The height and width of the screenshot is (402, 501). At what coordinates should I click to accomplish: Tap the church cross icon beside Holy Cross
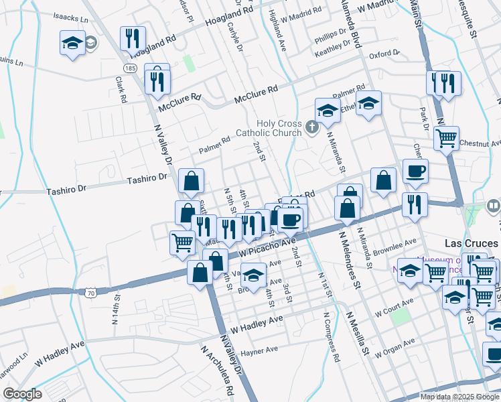(x=311, y=126)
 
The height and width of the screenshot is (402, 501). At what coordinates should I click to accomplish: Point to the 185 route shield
(x=130, y=68)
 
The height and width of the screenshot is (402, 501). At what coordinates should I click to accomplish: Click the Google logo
(x=22, y=394)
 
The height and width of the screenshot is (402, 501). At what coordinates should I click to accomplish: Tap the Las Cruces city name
(x=472, y=243)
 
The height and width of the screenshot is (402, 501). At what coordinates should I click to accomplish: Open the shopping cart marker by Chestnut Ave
(x=446, y=139)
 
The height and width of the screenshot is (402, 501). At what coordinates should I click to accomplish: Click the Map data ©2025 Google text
(x=459, y=397)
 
